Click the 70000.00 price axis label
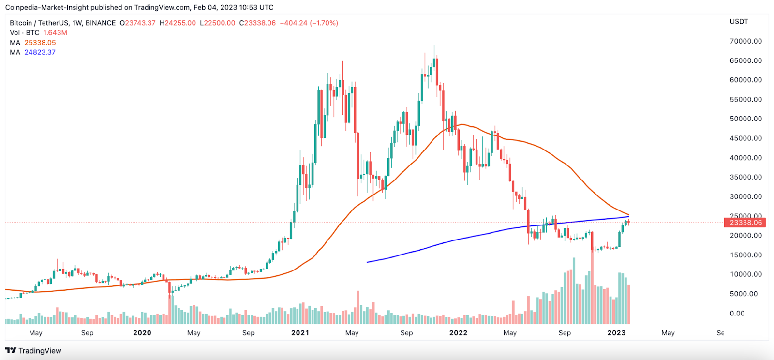[x=745, y=41]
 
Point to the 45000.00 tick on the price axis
[x=745, y=138]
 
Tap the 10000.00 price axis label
[x=745, y=274]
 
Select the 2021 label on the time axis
[x=300, y=333]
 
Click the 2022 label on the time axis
[x=458, y=333]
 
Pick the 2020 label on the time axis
[x=142, y=333]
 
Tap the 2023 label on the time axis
[x=616, y=333]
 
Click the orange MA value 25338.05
[x=40, y=43]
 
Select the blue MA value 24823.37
[x=40, y=52]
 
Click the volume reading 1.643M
[x=55, y=33]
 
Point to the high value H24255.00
[x=178, y=23]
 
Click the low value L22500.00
[x=217, y=23]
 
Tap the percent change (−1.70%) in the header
[x=324, y=23]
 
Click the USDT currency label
[x=739, y=22]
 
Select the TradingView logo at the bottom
[x=33, y=351]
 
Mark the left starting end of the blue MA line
[x=368, y=262]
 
